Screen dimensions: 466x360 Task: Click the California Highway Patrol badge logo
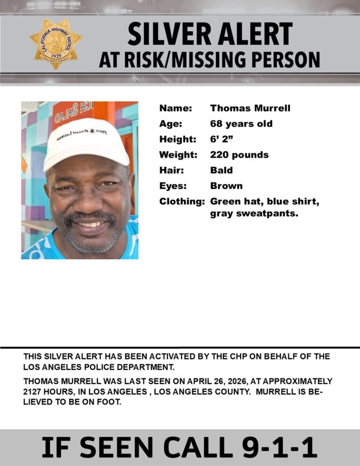55,44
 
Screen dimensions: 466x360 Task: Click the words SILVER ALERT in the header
210,35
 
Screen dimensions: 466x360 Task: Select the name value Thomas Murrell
250,108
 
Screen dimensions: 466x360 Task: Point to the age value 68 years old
241,124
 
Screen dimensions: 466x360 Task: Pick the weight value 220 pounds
239,155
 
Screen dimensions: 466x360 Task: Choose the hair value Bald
221,170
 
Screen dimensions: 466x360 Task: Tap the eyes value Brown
226,186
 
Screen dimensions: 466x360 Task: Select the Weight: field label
178,155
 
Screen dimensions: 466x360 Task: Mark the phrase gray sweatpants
254,214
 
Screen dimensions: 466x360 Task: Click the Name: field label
176,108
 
